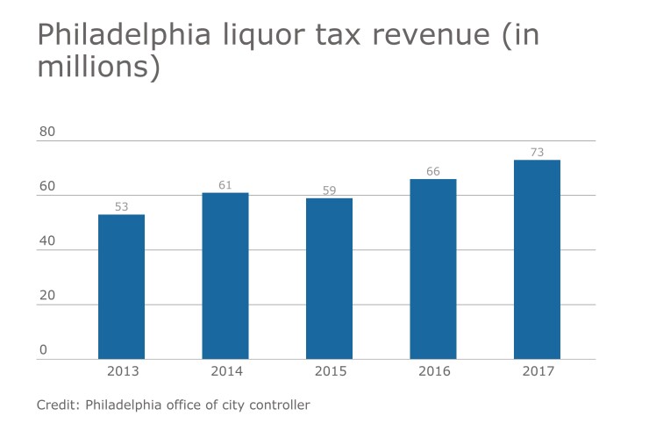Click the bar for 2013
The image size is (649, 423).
tap(121, 287)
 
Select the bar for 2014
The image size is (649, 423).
tap(225, 276)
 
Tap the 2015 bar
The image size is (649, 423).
tap(329, 278)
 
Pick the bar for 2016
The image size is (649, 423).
tap(433, 269)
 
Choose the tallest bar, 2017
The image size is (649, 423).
tap(537, 259)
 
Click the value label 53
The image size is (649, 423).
tap(121, 207)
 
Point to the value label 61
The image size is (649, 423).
tap(225, 185)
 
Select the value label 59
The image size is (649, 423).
tap(329, 190)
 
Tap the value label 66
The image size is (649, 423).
tap(433, 171)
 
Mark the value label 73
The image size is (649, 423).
tap(537, 153)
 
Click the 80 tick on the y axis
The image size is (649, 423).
tap(46, 132)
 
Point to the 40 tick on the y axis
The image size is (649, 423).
tap(46, 240)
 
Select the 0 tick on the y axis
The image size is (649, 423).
tap(43, 350)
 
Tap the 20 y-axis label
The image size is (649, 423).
tap(46, 295)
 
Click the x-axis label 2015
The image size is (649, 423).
tap(329, 371)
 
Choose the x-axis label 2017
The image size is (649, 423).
tap(537, 371)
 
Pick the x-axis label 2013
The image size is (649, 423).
tap(121, 371)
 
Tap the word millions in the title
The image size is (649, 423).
tap(91, 68)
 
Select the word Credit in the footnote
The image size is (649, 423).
tap(56, 405)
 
